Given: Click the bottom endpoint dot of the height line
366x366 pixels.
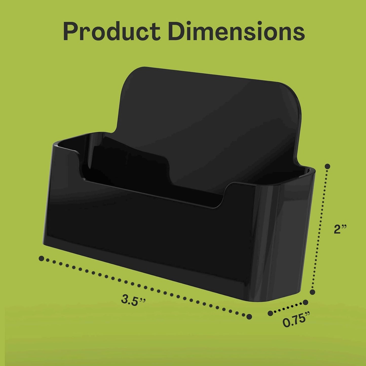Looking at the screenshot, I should coord(313,292).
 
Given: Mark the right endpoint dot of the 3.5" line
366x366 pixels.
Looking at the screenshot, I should coord(249,316).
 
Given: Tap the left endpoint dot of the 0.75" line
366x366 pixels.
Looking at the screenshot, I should coord(271,313).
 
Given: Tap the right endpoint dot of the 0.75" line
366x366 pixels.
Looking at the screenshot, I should coord(305,302).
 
